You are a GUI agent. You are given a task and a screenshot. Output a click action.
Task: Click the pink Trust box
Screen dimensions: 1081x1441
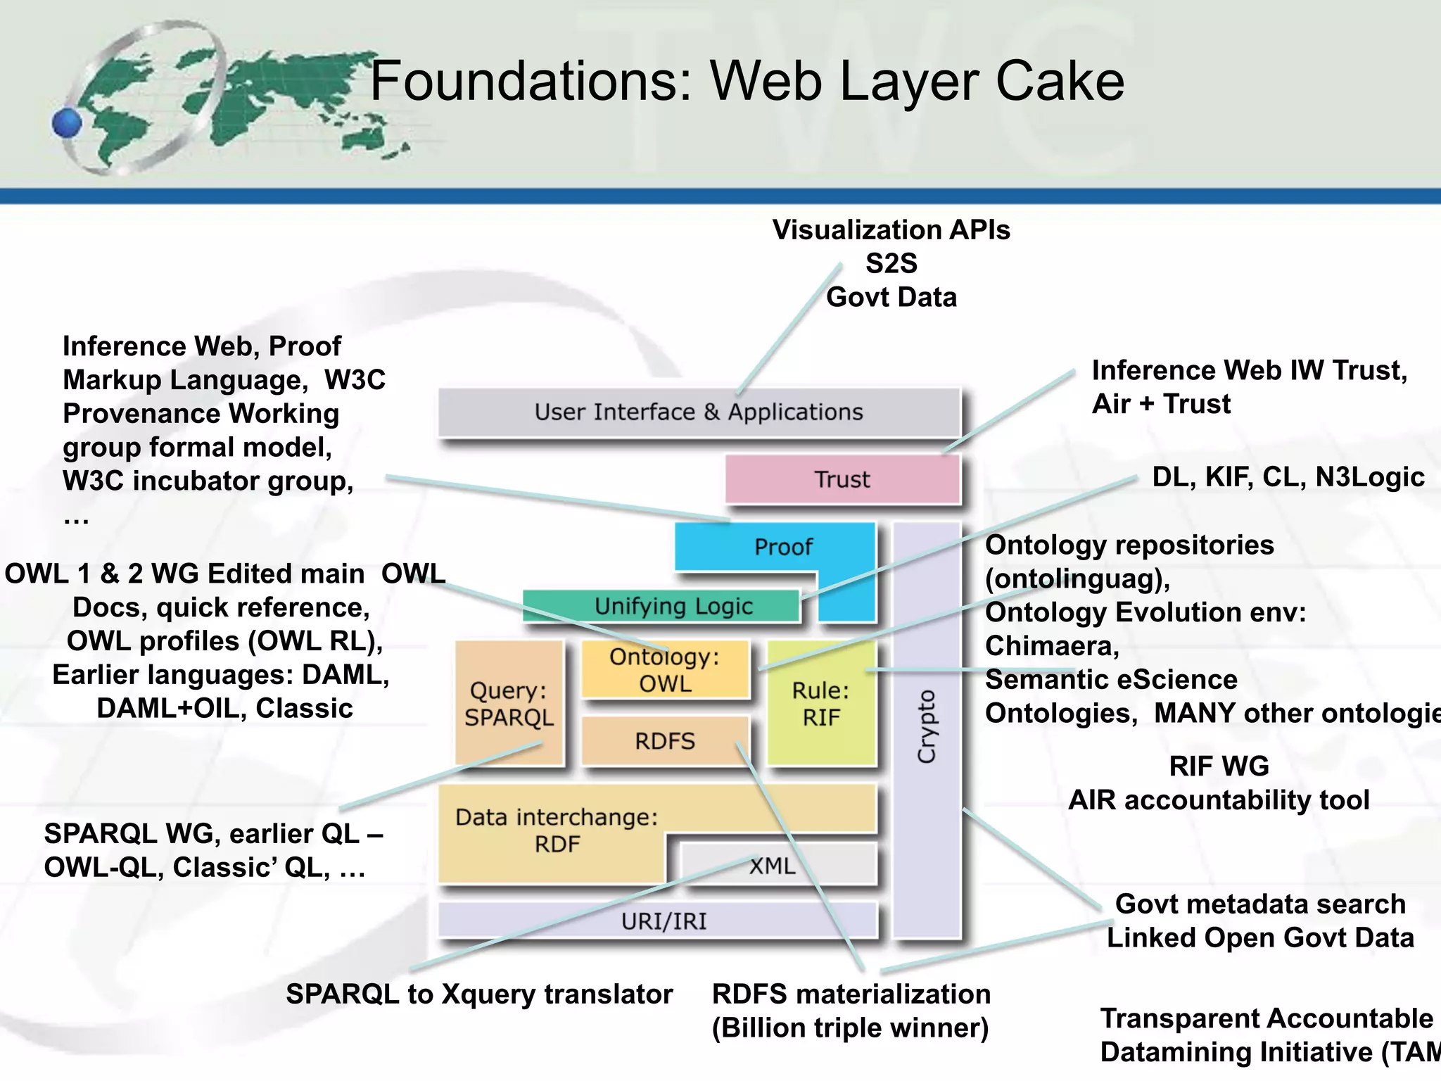[842, 479]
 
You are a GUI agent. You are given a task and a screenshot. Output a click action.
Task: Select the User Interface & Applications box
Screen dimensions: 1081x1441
[698, 412]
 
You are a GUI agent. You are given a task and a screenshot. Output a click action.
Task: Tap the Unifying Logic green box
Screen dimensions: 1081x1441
[673, 606]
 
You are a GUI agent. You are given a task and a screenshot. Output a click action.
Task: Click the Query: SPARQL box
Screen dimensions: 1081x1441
[509, 703]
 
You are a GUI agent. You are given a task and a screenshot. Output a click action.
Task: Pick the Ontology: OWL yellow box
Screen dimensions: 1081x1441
[665, 670]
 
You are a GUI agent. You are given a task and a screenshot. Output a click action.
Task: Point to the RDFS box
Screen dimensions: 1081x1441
[664, 741]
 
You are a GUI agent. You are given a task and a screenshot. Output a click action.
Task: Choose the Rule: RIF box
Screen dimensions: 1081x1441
[821, 703]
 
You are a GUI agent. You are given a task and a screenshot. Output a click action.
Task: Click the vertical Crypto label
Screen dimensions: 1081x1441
[927, 726]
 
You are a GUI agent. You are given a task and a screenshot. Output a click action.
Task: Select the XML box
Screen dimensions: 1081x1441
[773, 865]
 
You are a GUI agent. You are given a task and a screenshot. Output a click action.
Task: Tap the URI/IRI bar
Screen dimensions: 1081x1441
[664, 921]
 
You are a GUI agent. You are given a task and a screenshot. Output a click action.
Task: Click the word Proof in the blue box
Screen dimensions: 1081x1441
[782, 547]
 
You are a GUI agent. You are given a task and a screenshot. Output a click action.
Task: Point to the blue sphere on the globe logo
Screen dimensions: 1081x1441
[68, 123]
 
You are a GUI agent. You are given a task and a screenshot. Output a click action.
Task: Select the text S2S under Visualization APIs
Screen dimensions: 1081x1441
[891, 263]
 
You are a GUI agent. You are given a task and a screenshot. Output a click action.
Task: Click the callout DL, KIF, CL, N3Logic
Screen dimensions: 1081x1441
[1288, 477]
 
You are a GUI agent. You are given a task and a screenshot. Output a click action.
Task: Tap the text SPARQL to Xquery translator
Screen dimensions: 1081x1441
[479, 994]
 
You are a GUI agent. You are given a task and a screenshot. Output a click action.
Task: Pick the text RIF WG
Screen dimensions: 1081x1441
[1219, 766]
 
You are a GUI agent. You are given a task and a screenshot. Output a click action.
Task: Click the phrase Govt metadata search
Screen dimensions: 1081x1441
[1260, 904]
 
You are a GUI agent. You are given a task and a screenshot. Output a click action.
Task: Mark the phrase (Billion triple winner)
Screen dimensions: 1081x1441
[850, 1028]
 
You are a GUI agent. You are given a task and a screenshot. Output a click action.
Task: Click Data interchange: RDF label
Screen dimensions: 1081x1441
[557, 830]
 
